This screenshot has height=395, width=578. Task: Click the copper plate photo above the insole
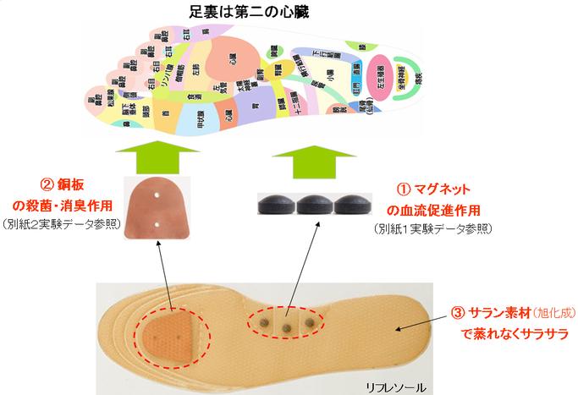pyautogui.click(x=157, y=208)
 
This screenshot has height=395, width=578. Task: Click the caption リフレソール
pyautogui.click(x=395, y=386)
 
